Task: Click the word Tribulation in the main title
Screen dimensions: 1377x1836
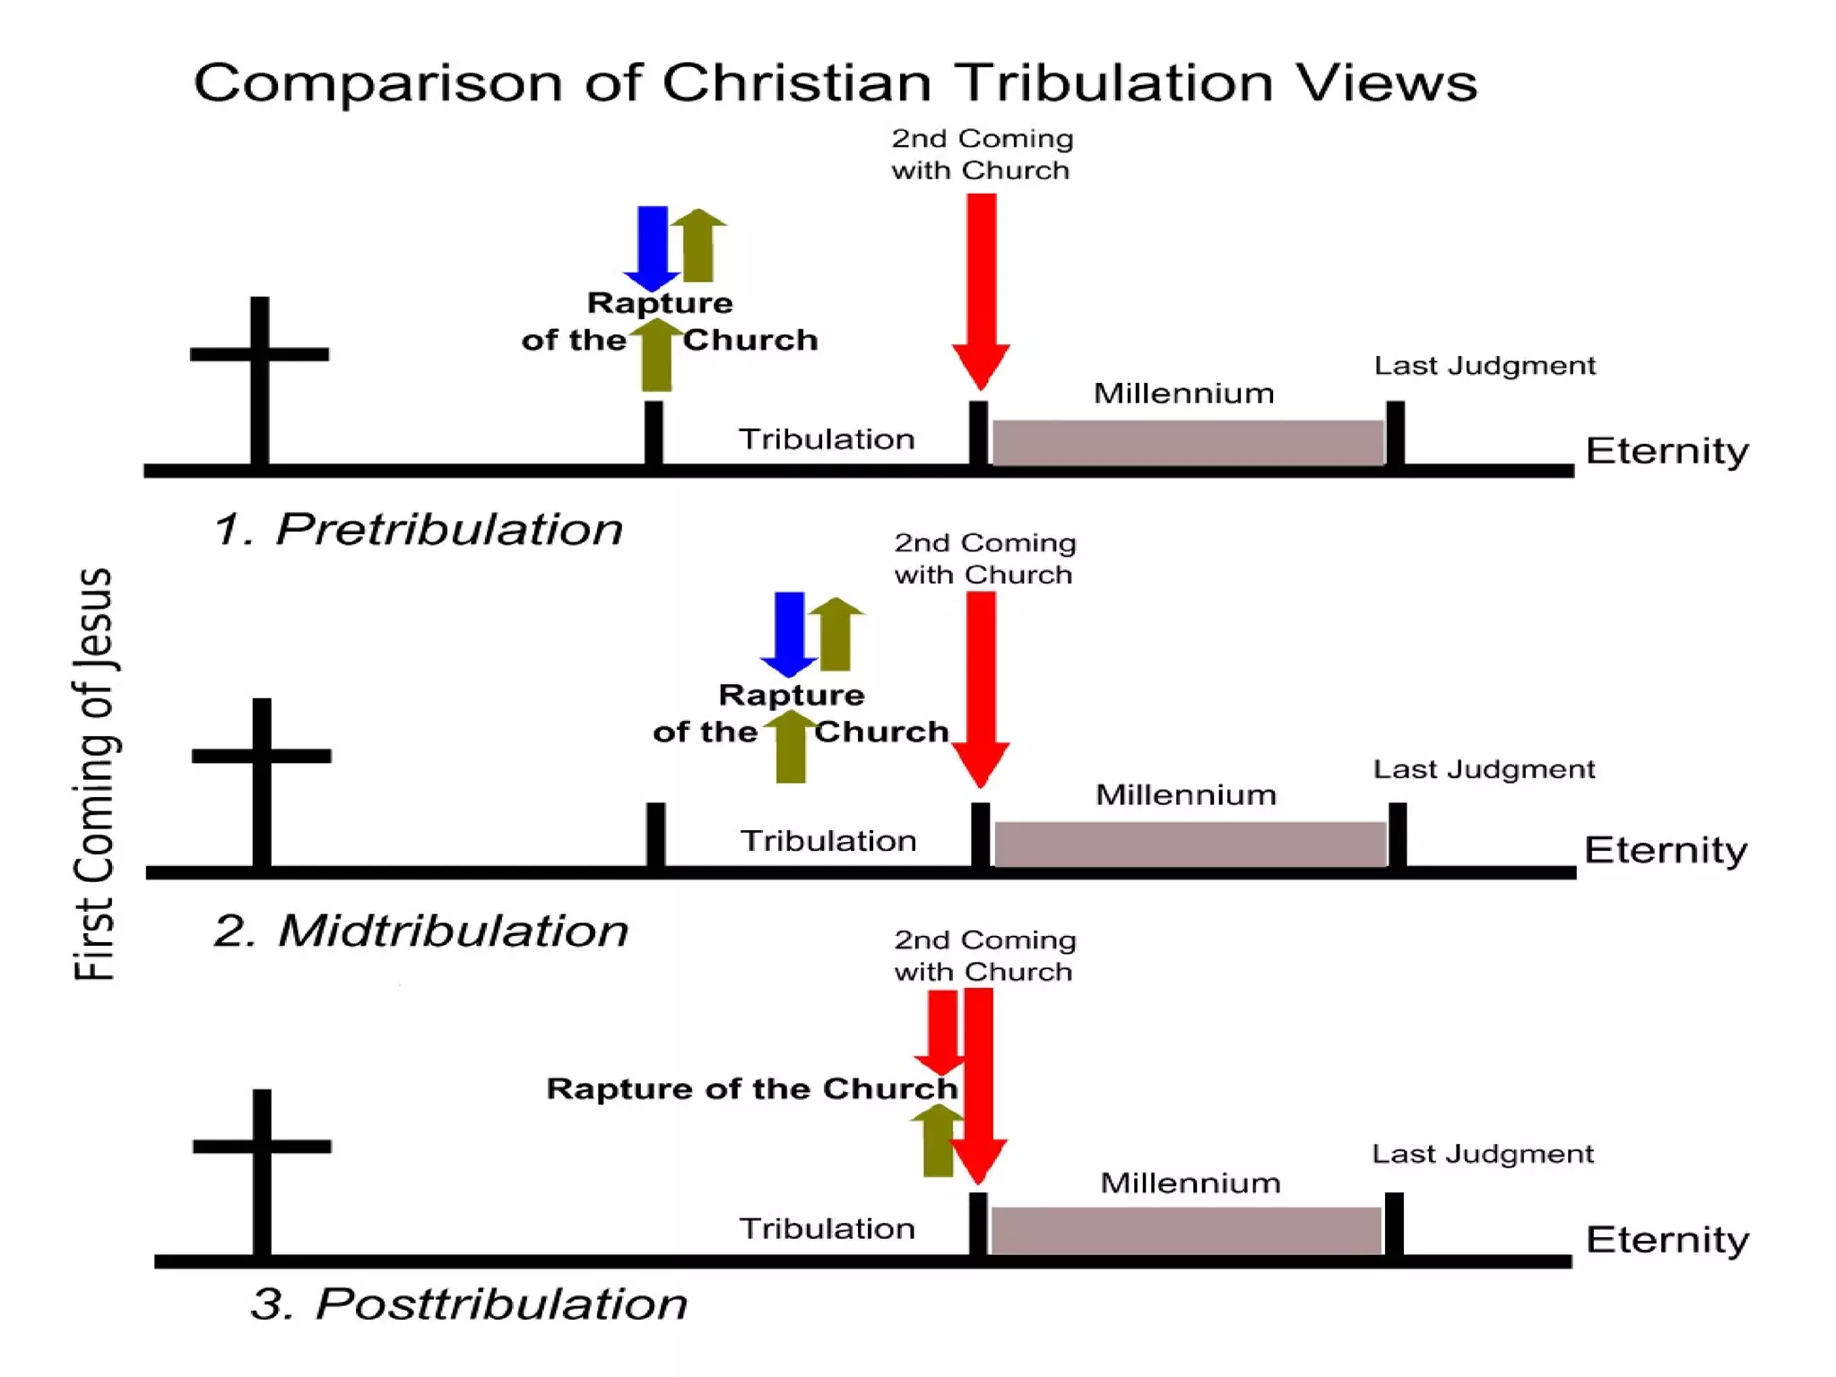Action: (1112, 82)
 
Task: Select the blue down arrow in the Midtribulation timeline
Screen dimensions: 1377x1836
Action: (789, 630)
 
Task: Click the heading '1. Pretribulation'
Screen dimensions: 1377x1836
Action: (418, 529)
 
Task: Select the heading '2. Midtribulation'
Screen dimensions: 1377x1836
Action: (421, 931)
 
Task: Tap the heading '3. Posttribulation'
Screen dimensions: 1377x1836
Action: (469, 1303)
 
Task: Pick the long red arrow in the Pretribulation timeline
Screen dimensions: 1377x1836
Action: (981, 287)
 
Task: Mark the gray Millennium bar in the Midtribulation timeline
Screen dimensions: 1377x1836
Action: (1190, 844)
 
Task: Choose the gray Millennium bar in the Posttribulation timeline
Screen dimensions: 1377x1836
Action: (1185, 1230)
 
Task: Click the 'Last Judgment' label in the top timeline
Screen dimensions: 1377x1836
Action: (1485, 366)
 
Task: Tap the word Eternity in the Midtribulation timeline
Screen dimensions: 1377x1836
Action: (1666, 850)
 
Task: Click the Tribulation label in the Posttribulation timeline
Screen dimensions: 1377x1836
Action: (827, 1228)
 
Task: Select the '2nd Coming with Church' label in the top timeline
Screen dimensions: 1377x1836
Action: (982, 154)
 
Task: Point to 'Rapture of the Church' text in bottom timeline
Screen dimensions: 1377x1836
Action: (751, 1088)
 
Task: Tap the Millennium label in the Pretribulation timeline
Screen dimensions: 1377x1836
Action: (1183, 393)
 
